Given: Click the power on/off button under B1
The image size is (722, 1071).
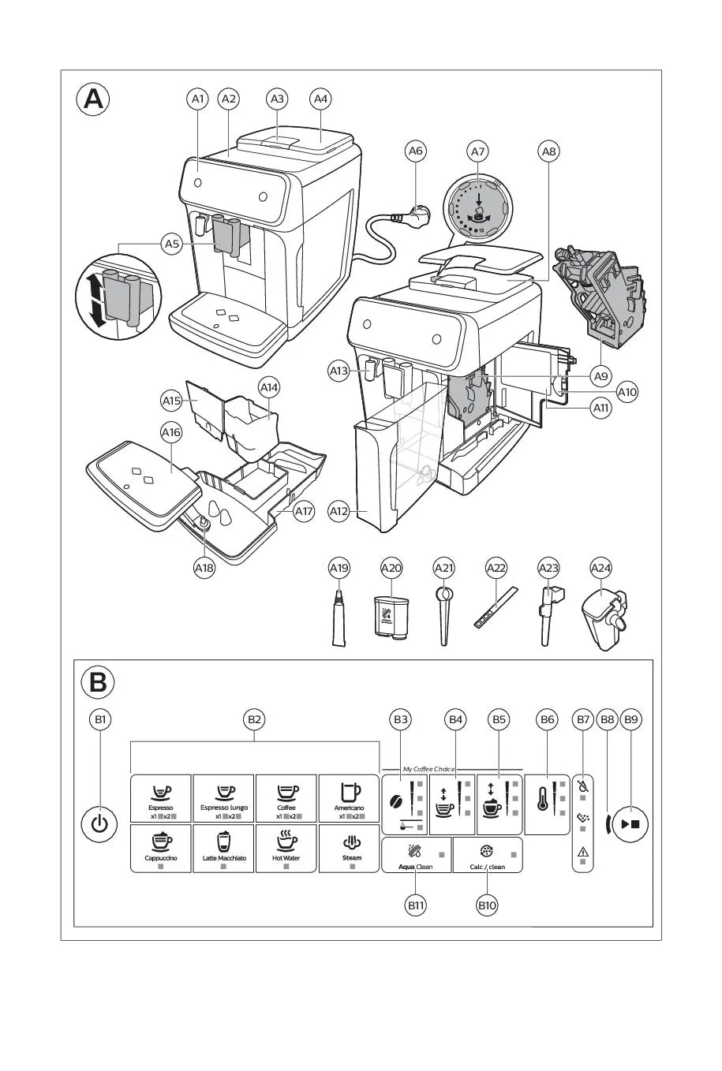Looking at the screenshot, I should coord(99,824).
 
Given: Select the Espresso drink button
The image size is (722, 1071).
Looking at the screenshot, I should coord(161,798).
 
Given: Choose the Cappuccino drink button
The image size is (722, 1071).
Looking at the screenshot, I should coord(161,848).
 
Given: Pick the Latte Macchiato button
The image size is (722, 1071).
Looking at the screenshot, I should coord(224,848).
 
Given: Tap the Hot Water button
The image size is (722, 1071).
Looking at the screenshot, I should coord(286,848).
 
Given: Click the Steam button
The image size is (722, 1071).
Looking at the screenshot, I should coord(351,848).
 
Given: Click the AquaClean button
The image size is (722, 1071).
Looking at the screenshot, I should coord(417,856).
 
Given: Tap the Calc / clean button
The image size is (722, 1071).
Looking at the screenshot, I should coord(488,856).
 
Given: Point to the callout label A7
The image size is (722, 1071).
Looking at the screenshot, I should coord(477,150).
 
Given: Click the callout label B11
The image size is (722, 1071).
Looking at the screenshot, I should coord(416,905).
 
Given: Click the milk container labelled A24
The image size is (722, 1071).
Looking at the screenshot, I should coord(604,618).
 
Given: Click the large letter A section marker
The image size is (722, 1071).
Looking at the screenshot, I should coord(93,100).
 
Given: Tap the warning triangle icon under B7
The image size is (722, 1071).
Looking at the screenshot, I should coord(583,852).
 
